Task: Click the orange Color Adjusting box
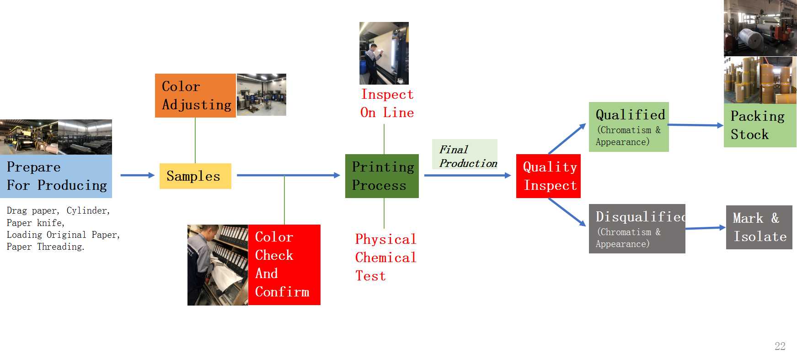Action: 195,96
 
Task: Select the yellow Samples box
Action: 195,176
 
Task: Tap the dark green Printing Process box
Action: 382,176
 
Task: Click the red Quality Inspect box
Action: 548,176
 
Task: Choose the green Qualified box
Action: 629,127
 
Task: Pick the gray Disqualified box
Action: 637,229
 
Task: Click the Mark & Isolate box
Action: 759,227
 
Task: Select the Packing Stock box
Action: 760,125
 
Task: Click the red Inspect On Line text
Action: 387,104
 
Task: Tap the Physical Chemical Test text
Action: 385,258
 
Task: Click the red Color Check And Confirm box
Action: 284,265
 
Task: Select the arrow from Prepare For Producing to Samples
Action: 137,175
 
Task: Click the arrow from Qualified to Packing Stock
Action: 695,125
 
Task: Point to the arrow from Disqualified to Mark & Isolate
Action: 706,228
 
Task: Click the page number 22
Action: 780,346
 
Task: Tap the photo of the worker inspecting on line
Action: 384,53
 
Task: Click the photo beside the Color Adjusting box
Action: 261,95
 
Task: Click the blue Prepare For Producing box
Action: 56,176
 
